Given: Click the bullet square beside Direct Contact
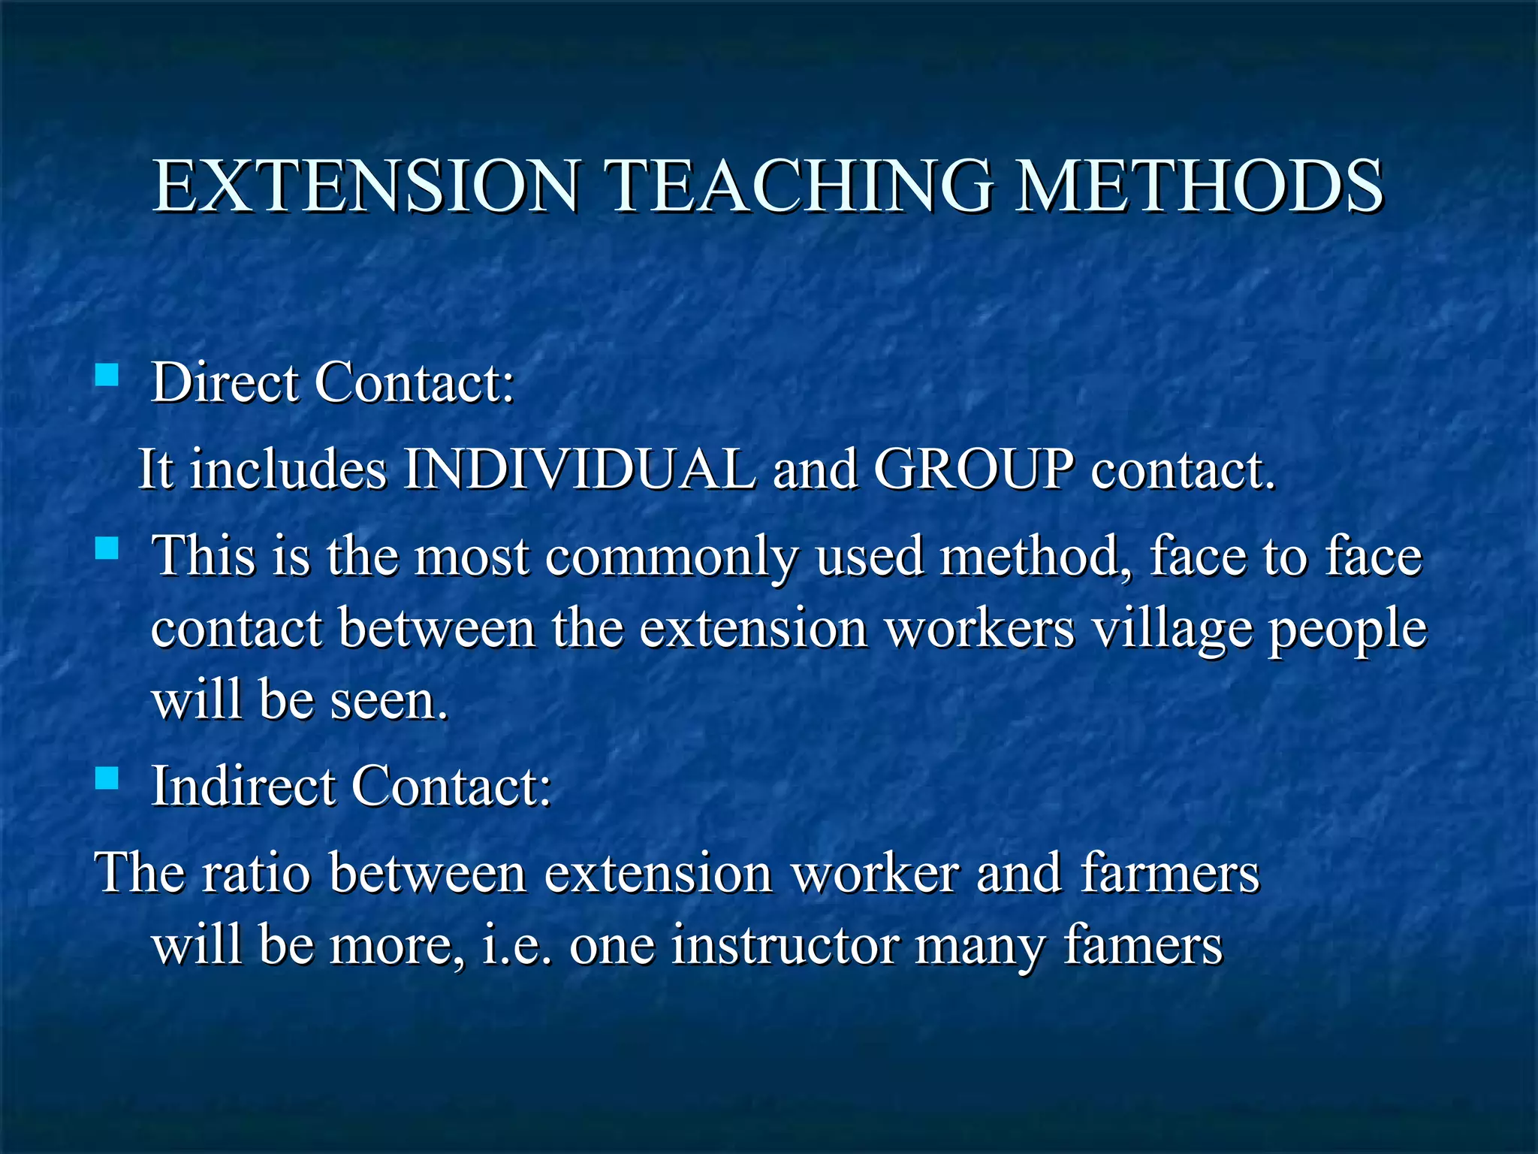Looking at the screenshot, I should tap(107, 374).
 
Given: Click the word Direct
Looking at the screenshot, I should tap(225, 382).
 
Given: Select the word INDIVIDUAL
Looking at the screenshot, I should tap(579, 470).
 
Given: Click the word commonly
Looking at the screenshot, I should tap(671, 557).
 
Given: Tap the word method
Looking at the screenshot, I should tap(1036, 557).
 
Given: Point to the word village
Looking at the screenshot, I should tap(1172, 630).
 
